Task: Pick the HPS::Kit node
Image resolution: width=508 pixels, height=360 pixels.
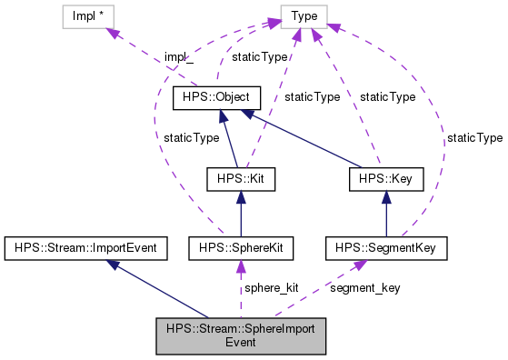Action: [x=240, y=179]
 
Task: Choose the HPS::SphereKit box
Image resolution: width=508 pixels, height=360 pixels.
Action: [x=240, y=246]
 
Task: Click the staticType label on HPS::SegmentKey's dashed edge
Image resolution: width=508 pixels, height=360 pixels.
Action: [x=474, y=137]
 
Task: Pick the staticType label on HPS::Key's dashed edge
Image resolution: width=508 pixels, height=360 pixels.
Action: [x=388, y=96]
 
